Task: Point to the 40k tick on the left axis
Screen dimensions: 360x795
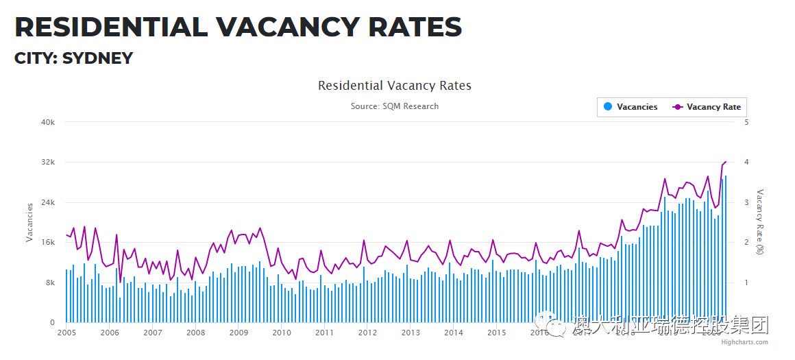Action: (48, 122)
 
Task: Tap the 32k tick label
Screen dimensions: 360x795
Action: (48, 163)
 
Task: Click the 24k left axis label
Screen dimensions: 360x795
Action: (48, 202)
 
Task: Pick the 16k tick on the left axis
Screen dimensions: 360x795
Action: (48, 243)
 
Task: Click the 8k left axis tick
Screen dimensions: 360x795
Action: (50, 283)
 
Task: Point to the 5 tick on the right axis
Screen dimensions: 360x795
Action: (746, 122)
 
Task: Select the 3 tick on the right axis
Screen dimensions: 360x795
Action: (746, 202)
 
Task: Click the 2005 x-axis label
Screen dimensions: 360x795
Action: (66, 333)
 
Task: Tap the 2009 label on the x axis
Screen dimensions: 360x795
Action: (238, 333)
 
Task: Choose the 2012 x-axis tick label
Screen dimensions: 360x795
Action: (367, 333)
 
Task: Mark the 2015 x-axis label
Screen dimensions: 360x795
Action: (496, 333)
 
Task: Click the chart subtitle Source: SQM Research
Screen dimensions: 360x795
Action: (394, 106)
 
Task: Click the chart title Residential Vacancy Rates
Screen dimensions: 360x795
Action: (394, 86)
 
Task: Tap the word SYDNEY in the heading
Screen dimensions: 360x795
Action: (97, 58)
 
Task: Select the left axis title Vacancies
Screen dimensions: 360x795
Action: (29, 222)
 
